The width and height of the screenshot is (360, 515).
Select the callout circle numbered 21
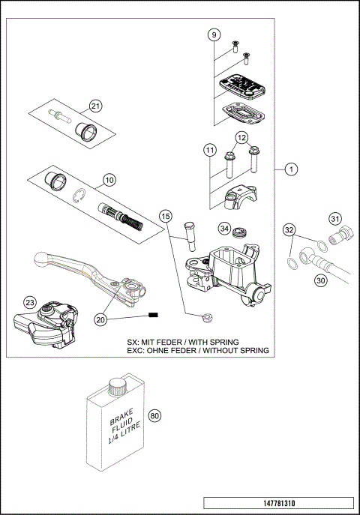(95, 105)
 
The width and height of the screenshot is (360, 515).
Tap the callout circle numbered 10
(109, 180)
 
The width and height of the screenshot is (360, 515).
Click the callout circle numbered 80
(155, 416)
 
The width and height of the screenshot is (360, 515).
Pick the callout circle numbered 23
(29, 303)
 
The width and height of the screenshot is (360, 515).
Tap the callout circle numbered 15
(166, 216)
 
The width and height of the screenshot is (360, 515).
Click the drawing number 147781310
(277, 502)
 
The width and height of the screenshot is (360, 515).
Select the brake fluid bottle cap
(115, 388)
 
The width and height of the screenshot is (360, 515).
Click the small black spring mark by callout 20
(154, 316)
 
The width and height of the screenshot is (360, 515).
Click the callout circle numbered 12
(241, 138)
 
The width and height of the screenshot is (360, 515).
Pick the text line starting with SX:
(197, 340)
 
